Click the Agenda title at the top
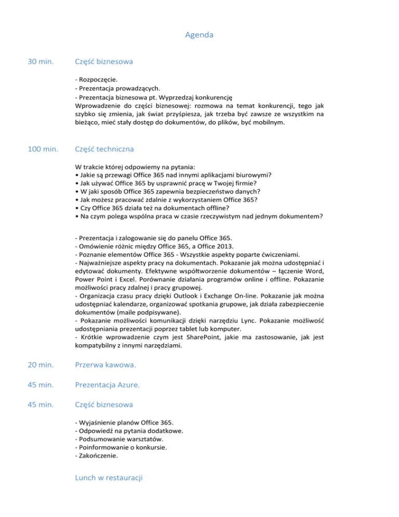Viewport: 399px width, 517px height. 199,35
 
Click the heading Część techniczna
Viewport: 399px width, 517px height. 104,149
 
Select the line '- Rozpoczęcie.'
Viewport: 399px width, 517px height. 96,80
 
